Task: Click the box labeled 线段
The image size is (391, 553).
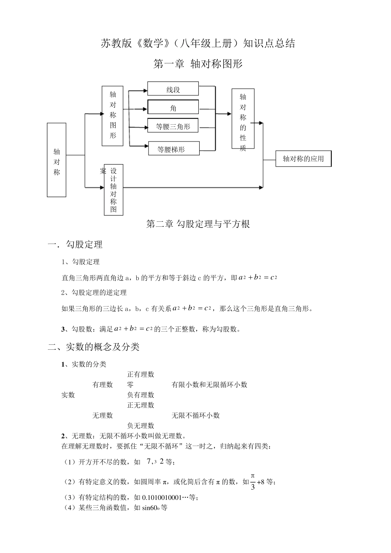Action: pos(173,89)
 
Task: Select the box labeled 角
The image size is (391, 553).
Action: pos(173,108)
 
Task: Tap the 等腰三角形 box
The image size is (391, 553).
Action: pos(173,126)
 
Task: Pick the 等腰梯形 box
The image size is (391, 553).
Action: pos(174,149)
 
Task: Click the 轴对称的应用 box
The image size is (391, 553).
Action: pos(303,159)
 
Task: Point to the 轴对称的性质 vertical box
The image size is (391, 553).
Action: pos(243,119)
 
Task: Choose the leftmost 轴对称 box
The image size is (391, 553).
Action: pos(57,160)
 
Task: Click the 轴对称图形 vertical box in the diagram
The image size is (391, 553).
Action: pos(113,116)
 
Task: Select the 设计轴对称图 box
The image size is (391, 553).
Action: pos(114,190)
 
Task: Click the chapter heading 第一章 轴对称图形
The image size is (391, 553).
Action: pos(198,64)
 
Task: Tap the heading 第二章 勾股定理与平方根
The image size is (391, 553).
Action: pos(198,224)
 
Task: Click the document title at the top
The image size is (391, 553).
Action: pos(198,44)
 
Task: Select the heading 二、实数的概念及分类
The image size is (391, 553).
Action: pos(94,347)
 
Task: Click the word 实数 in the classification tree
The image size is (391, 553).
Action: pos(68,395)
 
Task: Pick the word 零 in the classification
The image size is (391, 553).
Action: pos(130,385)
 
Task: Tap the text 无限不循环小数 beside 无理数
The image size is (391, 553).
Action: pos(195,416)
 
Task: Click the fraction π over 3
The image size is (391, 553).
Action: pos(253,481)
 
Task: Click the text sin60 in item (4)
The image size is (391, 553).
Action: pos(151,508)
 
